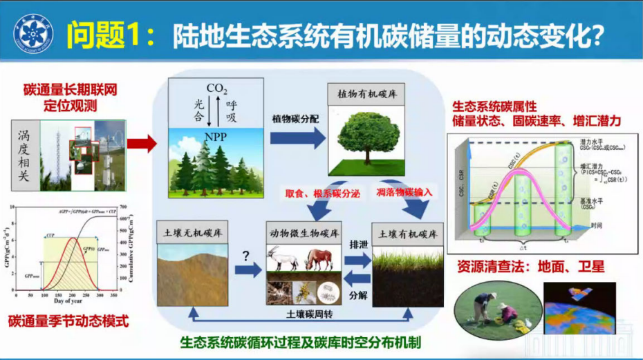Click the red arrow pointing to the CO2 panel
[141, 144]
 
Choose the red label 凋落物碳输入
[404, 192]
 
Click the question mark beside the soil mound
[245, 254]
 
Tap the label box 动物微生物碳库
[304, 233]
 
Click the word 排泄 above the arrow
[358, 243]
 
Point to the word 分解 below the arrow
[358, 295]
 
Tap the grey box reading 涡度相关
[25, 156]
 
